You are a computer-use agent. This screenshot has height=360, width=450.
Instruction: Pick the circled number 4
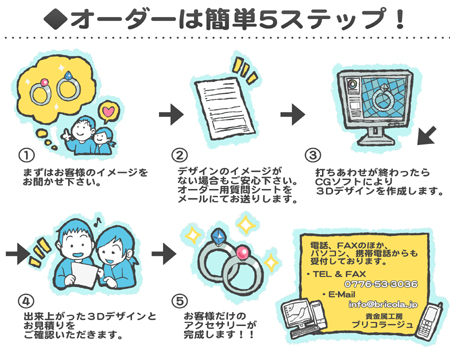coord(27,299)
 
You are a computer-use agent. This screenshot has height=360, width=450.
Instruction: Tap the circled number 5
coord(181,299)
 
